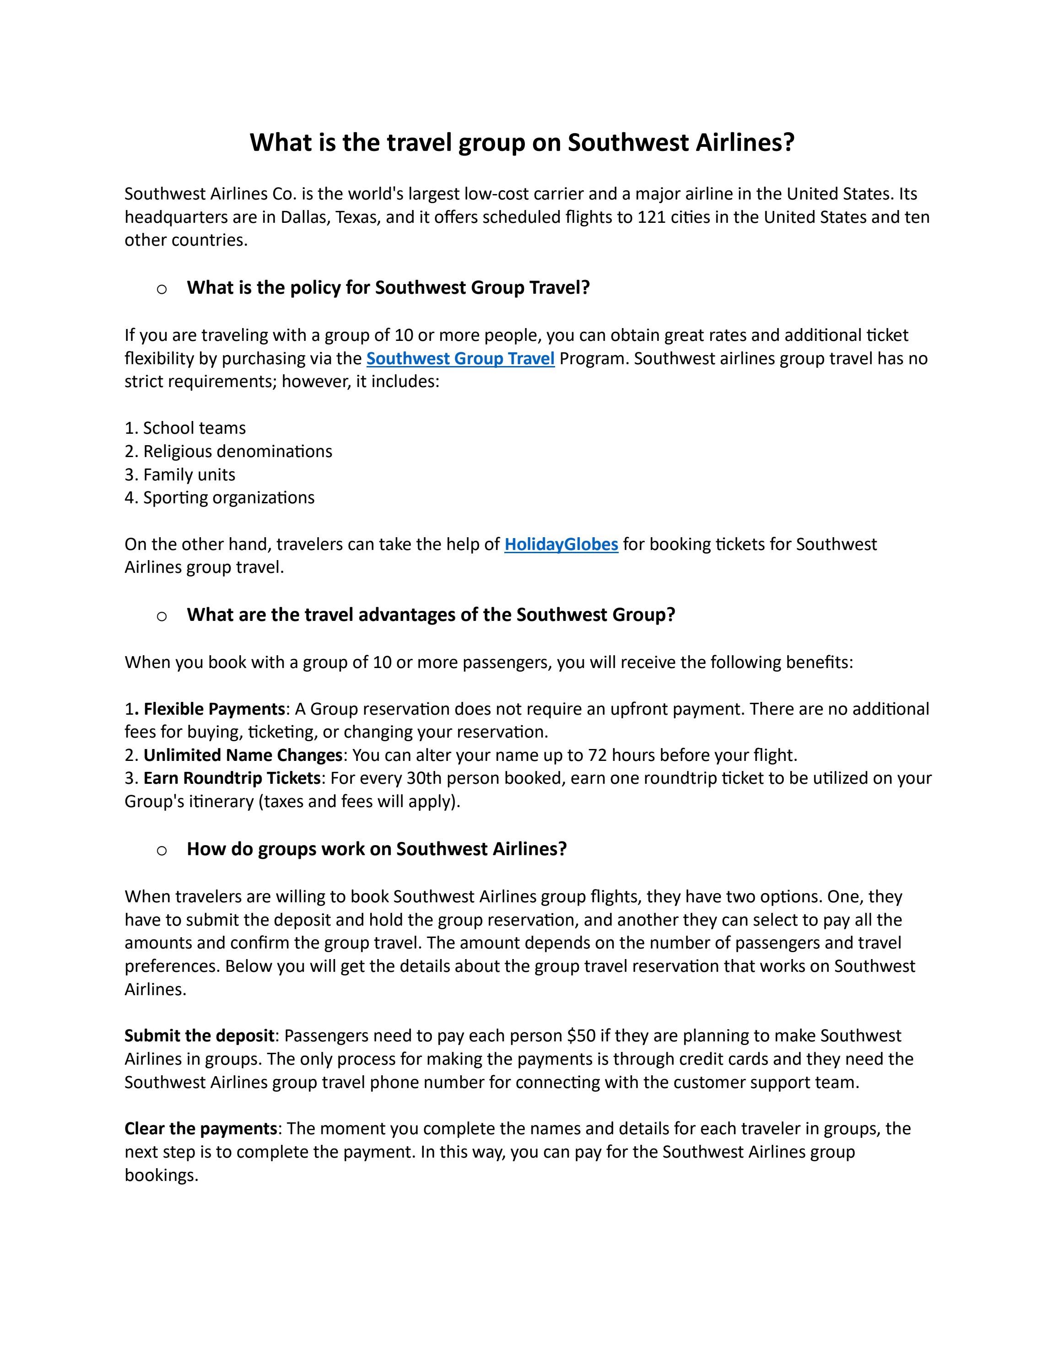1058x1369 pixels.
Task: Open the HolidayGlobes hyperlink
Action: pyautogui.click(x=561, y=544)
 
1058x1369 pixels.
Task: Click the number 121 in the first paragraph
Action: pyautogui.click(x=651, y=217)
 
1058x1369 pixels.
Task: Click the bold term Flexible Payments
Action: pyautogui.click(x=214, y=709)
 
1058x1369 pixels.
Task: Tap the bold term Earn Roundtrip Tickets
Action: pyautogui.click(x=232, y=778)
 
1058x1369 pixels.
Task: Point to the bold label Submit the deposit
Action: pyautogui.click(x=200, y=1035)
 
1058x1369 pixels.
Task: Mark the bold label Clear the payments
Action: pyautogui.click(x=200, y=1128)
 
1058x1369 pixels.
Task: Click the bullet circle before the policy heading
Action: pyautogui.click(x=162, y=289)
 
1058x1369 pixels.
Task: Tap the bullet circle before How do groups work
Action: pyautogui.click(x=162, y=850)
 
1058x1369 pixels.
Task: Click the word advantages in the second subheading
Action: pyautogui.click(x=407, y=614)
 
